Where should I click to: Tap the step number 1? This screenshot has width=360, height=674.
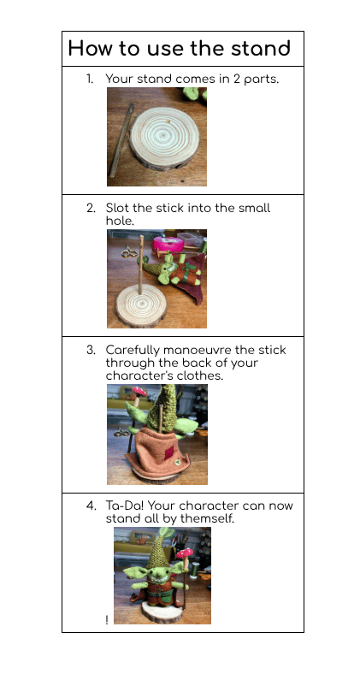[x=89, y=79]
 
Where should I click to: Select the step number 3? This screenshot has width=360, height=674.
[x=91, y=350]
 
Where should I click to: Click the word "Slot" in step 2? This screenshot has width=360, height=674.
[x=117, y=208]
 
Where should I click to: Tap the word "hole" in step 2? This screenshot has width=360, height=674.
[x=119, y=221]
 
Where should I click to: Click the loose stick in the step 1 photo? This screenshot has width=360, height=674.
[x=121, y=140]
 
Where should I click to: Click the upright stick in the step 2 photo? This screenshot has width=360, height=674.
[x=140, y=265]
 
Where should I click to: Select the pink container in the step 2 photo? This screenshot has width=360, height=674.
[x=168, y=244]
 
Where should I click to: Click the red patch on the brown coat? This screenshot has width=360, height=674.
[x=168, y=452]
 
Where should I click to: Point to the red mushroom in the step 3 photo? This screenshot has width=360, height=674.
[x=139, y=391]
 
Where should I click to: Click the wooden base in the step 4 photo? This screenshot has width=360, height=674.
[x=162, y=614]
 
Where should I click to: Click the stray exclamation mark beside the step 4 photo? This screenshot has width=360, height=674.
[x=107, y=620]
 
